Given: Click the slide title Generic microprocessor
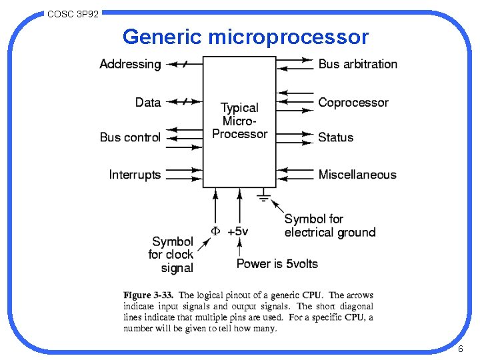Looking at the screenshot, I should click(245, 37).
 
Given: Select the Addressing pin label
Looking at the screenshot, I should click(130, 64).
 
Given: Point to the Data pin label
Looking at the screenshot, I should click(147, 102).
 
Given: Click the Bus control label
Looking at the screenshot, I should click(130, 137).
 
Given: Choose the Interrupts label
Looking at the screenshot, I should click(135, 175).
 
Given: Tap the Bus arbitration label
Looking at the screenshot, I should click(357, 64).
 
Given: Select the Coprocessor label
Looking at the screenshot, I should click(353, 102).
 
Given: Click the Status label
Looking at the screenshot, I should click(335, 137).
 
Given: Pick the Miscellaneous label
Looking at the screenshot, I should click(357, 175).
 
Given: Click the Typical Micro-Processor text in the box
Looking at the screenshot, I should click(239, 121).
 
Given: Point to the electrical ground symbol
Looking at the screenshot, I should click(263, 197).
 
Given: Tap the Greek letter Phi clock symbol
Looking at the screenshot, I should click(215, 231).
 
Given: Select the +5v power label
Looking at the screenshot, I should click(238, 231).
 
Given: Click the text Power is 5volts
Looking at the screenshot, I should click(277, 263).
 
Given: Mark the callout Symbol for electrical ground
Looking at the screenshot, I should click(329, 225).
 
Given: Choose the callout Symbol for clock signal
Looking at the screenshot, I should click(171, 255).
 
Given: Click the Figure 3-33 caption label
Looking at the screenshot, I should click(147, 295).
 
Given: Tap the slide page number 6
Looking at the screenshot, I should click(460, 350).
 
